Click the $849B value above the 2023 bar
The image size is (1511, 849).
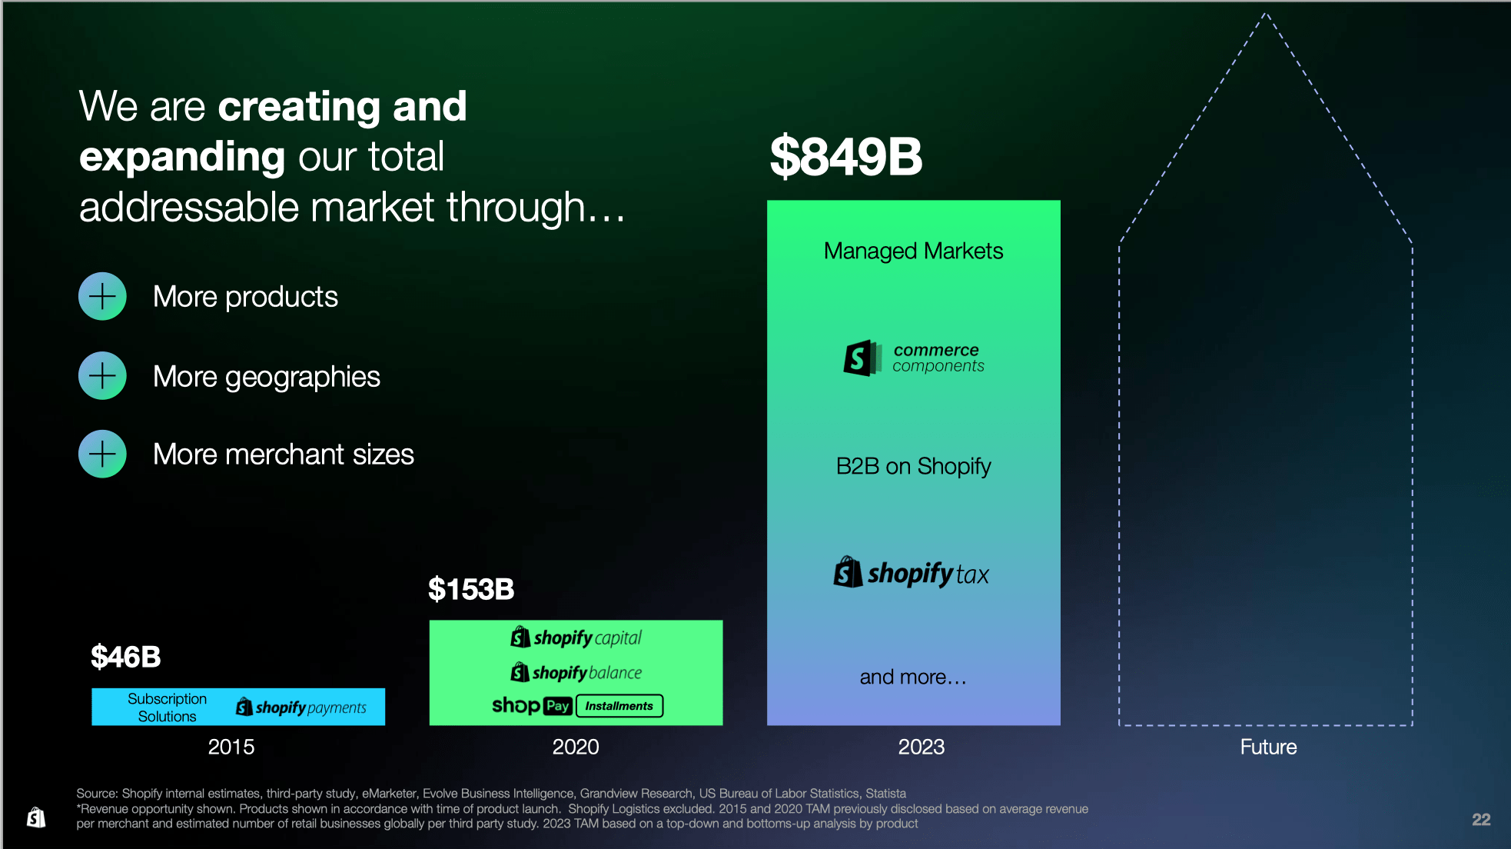845,156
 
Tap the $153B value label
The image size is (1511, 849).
471,589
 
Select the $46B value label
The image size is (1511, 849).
126,657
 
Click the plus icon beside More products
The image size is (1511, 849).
102,296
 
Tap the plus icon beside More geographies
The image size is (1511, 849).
102,375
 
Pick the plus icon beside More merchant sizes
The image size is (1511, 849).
102,454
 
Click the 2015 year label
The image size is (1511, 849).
231,747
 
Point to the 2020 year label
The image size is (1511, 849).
576,747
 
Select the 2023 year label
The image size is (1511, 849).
922,747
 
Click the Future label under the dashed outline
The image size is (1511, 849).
1268,747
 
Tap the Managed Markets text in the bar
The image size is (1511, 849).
913,251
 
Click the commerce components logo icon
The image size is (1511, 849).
862,358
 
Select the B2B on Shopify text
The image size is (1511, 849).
913,466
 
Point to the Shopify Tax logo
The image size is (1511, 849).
912,573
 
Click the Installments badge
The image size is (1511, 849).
619,706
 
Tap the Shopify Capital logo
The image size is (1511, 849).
576,638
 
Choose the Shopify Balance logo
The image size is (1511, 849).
576,672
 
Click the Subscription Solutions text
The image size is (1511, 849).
167,707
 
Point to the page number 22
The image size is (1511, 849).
1481,820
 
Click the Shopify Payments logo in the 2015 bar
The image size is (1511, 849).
301,707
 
